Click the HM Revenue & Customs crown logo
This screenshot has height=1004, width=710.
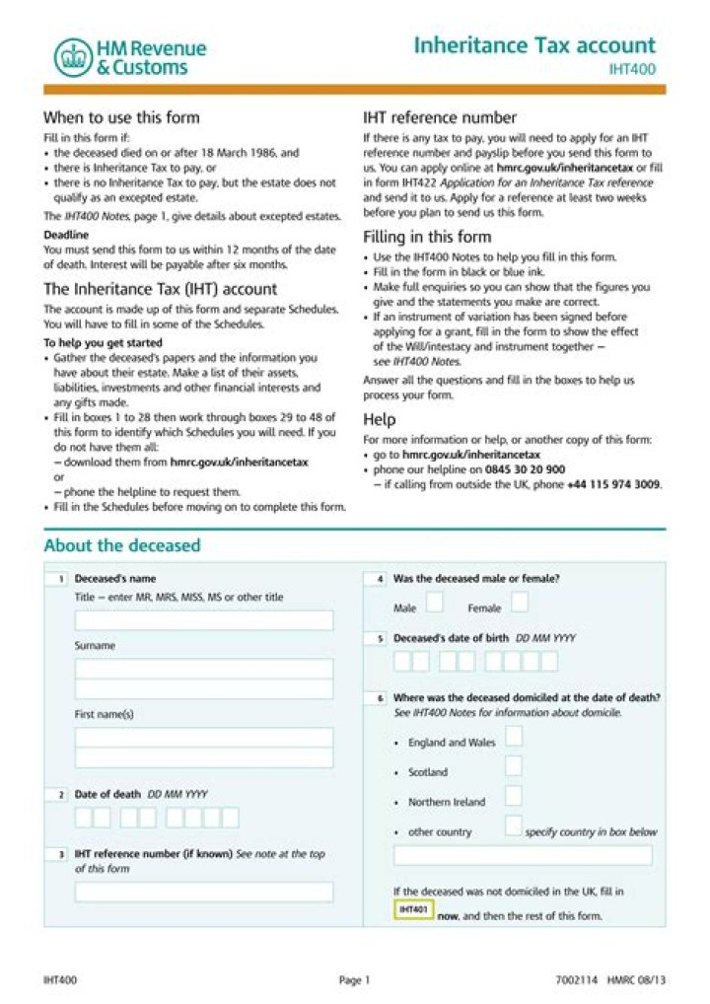pyautogui.click(x=71, y=58)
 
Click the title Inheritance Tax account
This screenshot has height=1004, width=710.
pyautogui.click(x=533, y=45)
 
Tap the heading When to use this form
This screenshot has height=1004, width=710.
pyautogui.click(x=121, y=117)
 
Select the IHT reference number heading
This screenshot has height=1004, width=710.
pyautogui.click(x=440, y=117)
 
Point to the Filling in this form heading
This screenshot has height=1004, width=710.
pyautogui.click(x=427, y=237)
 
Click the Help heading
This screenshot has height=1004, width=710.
pyautogui.click(x=379, y=419)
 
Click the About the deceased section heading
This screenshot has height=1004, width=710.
pyautogui.click(x=122, y=545)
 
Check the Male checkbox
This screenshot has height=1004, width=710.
pyautogui.click(x=434, y=603)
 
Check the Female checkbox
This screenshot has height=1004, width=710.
pyautogui.click(x=519, y=603)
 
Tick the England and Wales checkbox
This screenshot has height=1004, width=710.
pyautogui.click(x=514, y=737)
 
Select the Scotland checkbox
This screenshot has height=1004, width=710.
pyautogui.click(x=514, y=766)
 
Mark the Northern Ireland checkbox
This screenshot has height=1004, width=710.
pyautogui.click(x=514, y=796)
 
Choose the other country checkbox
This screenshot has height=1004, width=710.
pyautogui.click(x=514, y=825)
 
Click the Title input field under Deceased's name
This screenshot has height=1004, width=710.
pyautogui.click(x=204, y=620)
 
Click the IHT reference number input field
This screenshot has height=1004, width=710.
pyautogui.click(x=204, y=892)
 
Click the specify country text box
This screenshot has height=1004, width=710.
pyautogui.click(x=523, y=855)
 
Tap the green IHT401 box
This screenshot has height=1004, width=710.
pyautogui.click(x=413, y=909)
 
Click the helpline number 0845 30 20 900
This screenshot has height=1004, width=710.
pyautogui.click(x=525, y=469)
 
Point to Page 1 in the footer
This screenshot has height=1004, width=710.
pyautogui.click(x=354, y=980)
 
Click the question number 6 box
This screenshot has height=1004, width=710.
pyautogui.click(x=380, y=698)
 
